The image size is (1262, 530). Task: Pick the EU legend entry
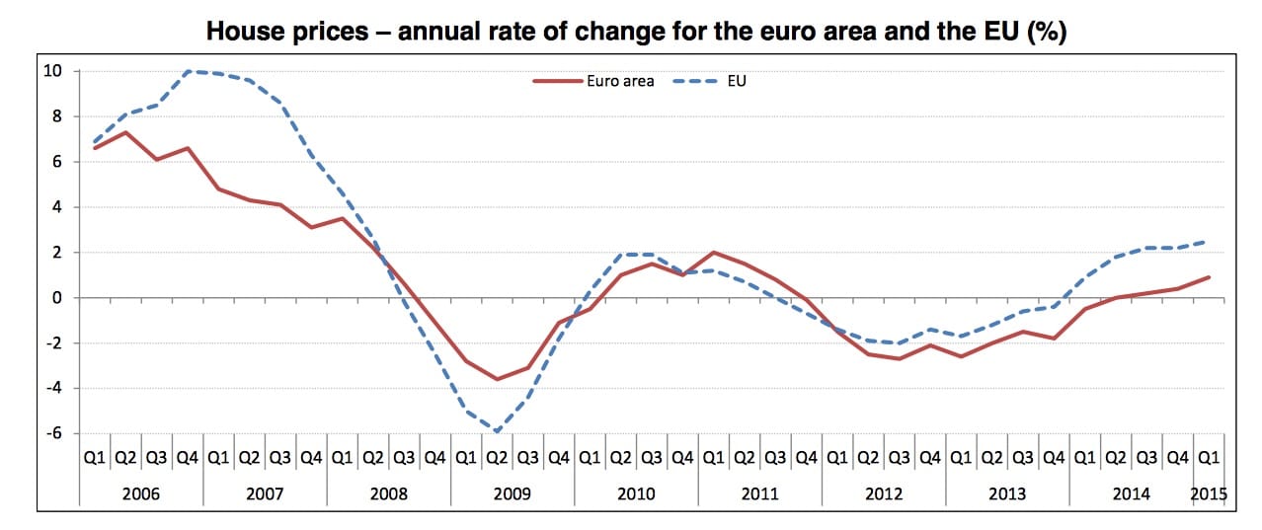click(x=735, y=81)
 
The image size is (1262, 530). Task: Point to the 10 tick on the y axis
click(x=52, y=71)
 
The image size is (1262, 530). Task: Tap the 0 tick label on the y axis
click(x=56, y=298)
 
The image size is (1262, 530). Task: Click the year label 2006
click(x=142, y=493)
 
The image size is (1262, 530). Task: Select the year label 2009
click(x=513, y=493)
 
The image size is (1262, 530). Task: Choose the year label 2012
click(x=883, y=493)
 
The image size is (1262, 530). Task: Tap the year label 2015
click(x=1208, y=493)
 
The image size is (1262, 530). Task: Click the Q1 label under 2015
click(x=1208, y=458)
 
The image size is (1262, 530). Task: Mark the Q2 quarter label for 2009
click(x=497, y=458)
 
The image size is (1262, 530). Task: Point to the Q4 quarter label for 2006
click(x=188, y=458)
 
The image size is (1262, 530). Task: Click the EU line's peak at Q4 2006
click(x=188, y=71)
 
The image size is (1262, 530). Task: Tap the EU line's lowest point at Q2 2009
click(x=497, y=431)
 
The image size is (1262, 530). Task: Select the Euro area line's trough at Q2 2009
click(x=497, y=379)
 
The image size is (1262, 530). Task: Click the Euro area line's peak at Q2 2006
click(x=125, y=132)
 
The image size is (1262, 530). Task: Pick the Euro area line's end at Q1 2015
click(x=1209, y=277)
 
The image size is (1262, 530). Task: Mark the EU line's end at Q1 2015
click(x=1209, y=242)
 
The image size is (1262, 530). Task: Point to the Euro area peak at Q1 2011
click(x=713, y=253)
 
